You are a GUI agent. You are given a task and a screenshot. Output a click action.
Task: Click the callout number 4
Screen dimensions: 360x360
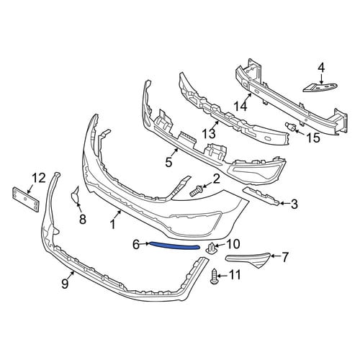coord(321,68)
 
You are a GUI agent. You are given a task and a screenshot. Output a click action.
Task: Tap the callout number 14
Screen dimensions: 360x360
coord(240,106)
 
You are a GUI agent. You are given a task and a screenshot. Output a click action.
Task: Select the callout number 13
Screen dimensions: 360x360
coord(209,133)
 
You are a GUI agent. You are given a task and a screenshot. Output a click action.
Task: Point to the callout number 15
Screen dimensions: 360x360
coord(312,138)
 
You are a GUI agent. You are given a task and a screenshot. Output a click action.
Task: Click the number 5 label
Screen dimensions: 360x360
coord(168,162)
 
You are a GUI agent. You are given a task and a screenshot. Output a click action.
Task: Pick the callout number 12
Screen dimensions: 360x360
coord(38,178)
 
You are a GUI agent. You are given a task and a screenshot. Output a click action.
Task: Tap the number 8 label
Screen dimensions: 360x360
coord(82,219)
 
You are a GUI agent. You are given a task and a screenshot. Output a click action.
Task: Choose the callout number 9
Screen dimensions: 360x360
coord(65,284)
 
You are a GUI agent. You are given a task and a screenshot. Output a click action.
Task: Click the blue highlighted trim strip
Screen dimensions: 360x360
coord(174,246)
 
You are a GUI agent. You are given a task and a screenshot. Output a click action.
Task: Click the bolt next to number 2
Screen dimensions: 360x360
coord(196,191)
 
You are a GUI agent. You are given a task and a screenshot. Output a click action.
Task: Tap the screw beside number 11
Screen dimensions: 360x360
coord(214,276)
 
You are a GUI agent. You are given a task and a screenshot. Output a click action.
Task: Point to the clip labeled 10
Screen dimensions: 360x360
coord(211,248)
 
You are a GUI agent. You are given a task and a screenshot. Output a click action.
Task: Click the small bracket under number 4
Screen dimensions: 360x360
coord(320,87)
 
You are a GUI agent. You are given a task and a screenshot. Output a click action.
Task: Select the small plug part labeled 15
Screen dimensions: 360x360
coord(290,126)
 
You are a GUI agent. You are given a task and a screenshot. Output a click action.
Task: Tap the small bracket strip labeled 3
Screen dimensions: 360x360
coord(261,197)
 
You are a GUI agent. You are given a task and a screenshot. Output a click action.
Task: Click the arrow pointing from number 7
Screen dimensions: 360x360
coord(276,256)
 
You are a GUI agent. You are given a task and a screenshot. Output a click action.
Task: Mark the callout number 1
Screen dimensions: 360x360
coord(112,225)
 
